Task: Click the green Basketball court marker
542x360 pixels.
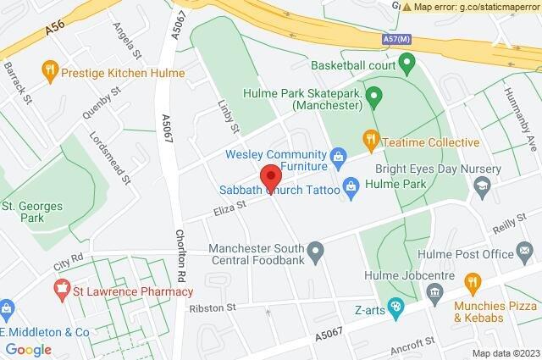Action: (406, 63)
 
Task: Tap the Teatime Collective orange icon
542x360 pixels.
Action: (369, 137)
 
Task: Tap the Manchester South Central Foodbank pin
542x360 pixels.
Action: (316, 251)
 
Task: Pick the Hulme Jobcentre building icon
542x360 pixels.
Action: (435, 293)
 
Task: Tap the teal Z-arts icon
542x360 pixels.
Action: (394, 307)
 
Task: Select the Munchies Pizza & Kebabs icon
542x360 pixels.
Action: (473, 281)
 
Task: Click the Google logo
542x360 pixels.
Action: (28, 350)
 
